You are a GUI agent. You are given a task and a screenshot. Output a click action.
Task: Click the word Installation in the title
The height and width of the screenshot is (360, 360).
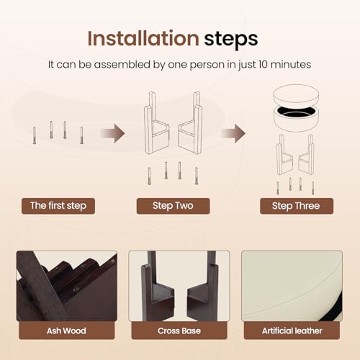[x=143, y=38]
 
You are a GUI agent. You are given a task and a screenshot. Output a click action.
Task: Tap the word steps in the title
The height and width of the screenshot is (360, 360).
[x=231, y=40]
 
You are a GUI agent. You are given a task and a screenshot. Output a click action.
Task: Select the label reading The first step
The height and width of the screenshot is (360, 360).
[x=58, y=206]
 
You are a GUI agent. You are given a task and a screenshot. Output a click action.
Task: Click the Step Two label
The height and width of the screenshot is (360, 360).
[x=173, y=206]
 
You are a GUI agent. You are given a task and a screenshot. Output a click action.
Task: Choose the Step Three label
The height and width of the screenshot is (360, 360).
[x=297, y=206]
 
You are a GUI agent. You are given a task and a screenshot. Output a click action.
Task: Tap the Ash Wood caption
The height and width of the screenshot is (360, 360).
[x=66, y=330]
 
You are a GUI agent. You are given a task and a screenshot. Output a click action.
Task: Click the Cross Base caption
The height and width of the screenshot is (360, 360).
[x=179, y=330]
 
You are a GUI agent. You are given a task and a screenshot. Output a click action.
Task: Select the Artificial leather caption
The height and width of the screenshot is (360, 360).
[x=292, y=330]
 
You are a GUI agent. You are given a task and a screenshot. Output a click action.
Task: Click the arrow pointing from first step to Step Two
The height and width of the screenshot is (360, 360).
[x=113, y=133]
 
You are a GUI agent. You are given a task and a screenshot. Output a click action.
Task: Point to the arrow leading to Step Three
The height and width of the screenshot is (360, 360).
[x=233, y=133]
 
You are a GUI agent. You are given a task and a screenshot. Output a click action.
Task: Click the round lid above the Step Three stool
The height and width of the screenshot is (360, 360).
[x=296, y=94]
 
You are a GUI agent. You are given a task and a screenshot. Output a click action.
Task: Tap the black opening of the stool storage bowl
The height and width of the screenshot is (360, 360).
[x=296, y=112]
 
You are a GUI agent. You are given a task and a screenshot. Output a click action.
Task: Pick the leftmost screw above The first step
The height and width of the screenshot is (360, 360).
[x=35, y=135]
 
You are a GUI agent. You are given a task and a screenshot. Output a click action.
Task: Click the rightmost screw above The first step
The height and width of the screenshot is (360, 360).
[x=81, y=135]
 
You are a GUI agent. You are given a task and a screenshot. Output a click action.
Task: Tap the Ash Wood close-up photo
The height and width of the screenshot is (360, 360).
[x=67, y=286]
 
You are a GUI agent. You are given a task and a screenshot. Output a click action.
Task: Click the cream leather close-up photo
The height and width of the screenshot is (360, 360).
[x=292, y=286]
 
